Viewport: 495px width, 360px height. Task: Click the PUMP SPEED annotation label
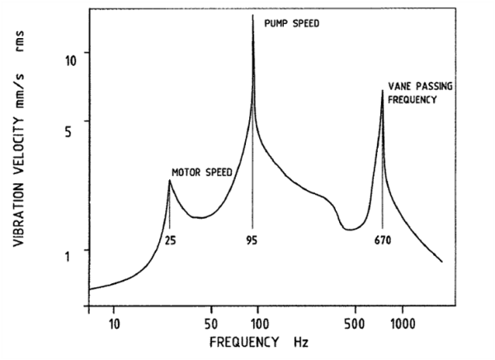(x=290, y=24)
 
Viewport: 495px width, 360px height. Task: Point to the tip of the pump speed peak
(x=252, y=16)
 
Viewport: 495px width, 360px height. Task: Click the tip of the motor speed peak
(x=169, y=181)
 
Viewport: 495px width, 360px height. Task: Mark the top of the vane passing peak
(x=382, y=90)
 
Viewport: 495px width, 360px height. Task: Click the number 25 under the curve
(x=169, y=241)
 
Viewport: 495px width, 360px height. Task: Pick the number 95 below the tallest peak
(x=252, y=241)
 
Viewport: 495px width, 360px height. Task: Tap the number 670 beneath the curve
(x=381, y=241)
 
